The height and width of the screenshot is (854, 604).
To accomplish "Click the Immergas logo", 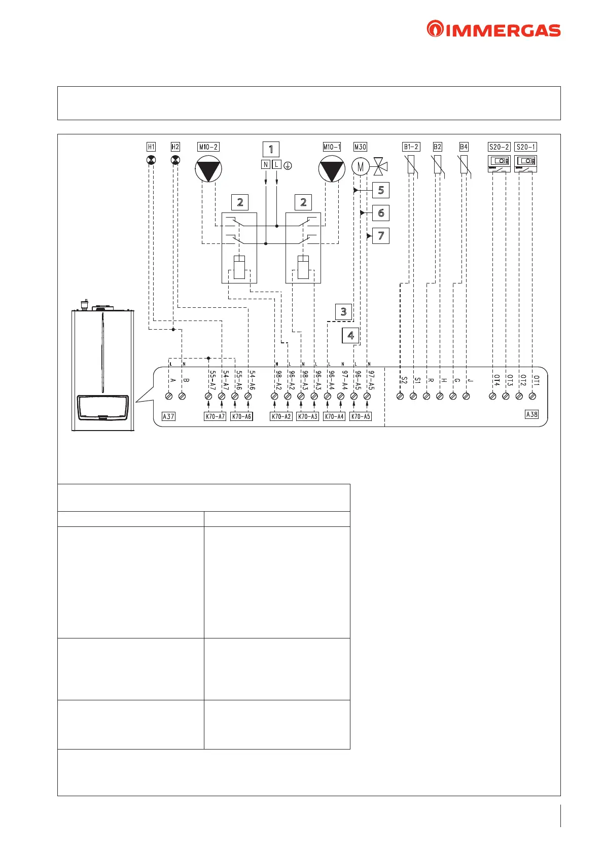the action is pos(493,30).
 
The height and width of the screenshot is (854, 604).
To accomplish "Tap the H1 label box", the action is pos(151,147).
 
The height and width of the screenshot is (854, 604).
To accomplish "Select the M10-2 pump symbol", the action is pos(208,169).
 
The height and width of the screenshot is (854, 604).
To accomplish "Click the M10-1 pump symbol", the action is pos(332,169).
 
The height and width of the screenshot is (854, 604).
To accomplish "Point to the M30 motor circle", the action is pos(360,166).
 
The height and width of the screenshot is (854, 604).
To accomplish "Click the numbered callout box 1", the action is pos(271,149).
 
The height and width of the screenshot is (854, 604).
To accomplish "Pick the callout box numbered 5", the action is pos(381,190).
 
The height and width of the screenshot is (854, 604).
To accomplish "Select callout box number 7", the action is pos(381,236).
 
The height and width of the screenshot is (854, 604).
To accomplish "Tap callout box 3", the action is pos(343,311).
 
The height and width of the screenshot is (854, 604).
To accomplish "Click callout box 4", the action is pos(350,335).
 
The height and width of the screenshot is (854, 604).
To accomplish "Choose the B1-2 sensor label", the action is pos(411,147).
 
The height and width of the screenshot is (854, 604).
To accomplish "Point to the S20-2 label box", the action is pos(499,147).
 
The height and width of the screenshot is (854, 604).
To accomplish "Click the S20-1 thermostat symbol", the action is pos(525,163).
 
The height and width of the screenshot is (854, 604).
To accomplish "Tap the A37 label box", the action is pos(168,416).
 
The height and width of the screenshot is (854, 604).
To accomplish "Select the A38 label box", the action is pos(531,414).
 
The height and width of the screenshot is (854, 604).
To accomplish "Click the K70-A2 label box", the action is pos(281,416).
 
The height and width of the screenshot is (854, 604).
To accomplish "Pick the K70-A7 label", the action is pos(215,416).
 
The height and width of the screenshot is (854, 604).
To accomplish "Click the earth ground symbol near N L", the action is pos(288,165).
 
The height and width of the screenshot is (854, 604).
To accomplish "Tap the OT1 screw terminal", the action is pos(532,396).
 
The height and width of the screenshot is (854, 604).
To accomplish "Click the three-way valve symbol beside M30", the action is pos(380,165).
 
